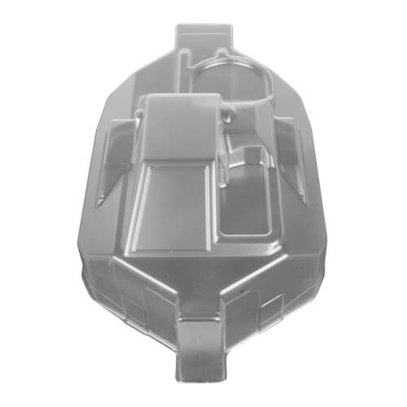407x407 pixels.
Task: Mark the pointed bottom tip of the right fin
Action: [x=306, y=203]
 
